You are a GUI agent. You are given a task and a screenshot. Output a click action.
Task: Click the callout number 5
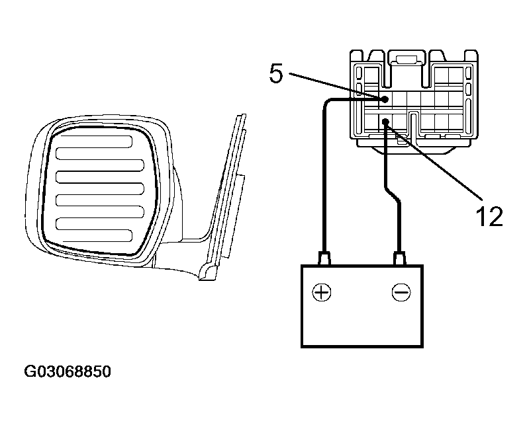276,73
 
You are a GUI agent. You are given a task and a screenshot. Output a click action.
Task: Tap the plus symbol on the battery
322,292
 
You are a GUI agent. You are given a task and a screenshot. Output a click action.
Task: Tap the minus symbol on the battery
401,292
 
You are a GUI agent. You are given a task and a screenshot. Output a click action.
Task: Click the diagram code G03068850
68,371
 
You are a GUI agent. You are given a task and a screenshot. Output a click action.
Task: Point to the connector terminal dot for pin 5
385,99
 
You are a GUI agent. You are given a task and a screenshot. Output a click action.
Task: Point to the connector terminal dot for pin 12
385,122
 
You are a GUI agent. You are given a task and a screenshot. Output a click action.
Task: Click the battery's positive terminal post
324,258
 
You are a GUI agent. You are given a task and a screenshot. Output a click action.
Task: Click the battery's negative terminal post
399,258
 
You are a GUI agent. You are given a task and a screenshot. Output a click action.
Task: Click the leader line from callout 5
336,86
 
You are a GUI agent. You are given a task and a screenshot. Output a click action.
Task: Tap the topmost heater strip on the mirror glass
94,141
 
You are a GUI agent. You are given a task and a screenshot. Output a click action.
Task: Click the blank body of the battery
362,322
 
